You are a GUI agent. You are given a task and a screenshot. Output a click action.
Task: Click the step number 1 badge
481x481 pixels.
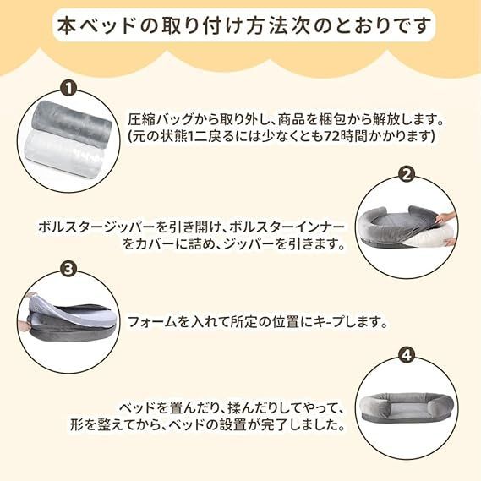[69, 89]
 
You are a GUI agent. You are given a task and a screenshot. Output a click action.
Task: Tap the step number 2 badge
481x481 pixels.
[406, 175]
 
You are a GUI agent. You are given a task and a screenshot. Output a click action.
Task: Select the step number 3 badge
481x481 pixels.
[68, 269]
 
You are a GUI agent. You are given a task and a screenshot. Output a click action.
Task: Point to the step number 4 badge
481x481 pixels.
[406, 356]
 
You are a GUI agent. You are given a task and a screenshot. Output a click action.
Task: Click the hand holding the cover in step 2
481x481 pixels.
[445, 217]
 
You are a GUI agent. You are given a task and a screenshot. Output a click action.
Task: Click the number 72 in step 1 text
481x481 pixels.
[331, 136]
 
